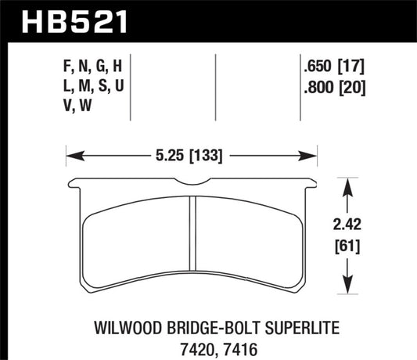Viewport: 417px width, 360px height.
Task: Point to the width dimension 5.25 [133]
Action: (x=191, y=155)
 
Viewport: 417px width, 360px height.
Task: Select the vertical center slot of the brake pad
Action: (x=192, y=243)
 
